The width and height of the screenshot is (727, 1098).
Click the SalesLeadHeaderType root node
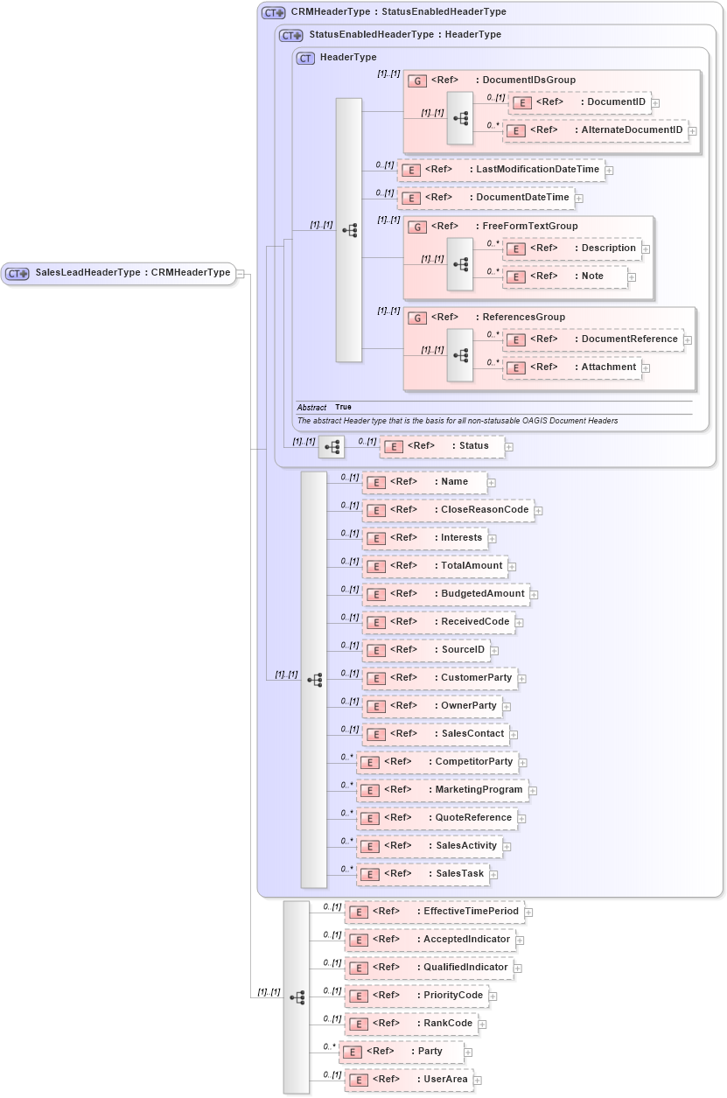[x=119, y=273]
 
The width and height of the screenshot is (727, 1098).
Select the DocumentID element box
[x=578, y=102]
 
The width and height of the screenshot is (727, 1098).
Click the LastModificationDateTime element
[x=501, y=170]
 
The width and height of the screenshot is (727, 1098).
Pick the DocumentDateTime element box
[x=486, y=198]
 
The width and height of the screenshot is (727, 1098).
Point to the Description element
[x=572, y=248]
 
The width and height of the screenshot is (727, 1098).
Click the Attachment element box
[x=572, y=367]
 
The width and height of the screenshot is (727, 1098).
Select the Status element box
[x=442, y=446]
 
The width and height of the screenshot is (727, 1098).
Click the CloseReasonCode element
[x=448, y=510]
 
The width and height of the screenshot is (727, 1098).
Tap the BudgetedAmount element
[x=446, y=594]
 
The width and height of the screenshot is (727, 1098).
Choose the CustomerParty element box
[x=440, y=678]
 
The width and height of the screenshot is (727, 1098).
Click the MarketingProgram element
[x=442, y=790]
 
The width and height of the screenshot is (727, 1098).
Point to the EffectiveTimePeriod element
[x=434, y=912]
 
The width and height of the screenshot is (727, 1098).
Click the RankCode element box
[x=411, y=1024]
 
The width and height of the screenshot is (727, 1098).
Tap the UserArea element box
[x=409, y=1080]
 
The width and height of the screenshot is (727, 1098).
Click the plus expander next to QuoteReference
[x=521, y=819]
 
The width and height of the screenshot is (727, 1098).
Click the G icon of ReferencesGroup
[x=418, y=318]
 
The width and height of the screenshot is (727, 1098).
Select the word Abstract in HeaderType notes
[x=311, y=408]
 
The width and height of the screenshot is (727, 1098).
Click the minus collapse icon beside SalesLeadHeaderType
[x=241, y=273]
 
